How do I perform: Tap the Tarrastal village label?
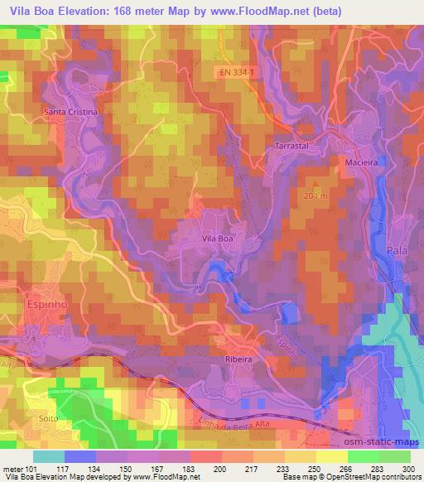tap(291, 144)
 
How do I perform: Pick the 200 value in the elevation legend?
tap(219, 469)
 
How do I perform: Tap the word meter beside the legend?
tap(13, 469)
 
